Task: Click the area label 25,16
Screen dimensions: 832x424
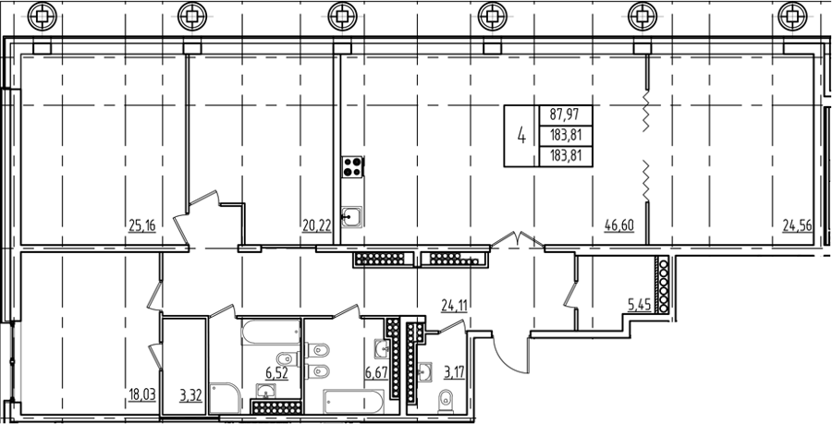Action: [x=141, y=226]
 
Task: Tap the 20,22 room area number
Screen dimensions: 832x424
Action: [x=317, y=226]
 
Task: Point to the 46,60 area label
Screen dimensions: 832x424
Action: [x=619, y=226]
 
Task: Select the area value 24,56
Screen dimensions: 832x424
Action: [x=798, y=226]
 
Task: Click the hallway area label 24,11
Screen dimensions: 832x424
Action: [x=455, y=305]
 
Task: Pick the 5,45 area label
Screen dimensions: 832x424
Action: [x=639, y=305]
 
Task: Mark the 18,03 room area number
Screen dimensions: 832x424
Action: [x=142, y=394]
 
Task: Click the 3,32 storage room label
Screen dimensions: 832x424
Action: [x=190, y=394]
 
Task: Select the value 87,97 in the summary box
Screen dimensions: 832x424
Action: [x=565, y=115]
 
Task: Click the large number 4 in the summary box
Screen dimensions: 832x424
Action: [x=521, y=136]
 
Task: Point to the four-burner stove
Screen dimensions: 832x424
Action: [x=352, y=166]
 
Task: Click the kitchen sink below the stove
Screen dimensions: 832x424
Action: [x=351, y=217]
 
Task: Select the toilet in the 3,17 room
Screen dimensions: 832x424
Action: [x=447, y=401]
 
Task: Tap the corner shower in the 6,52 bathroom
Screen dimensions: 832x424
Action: [x=225, y=398]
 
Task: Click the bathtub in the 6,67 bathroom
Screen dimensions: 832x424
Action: [x=353, y=402]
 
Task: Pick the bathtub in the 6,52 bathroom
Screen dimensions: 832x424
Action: [x=271, y=332]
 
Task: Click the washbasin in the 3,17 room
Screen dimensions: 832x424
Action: [x=425, y=371]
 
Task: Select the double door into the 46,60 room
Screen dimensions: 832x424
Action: [x=518, y=239]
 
